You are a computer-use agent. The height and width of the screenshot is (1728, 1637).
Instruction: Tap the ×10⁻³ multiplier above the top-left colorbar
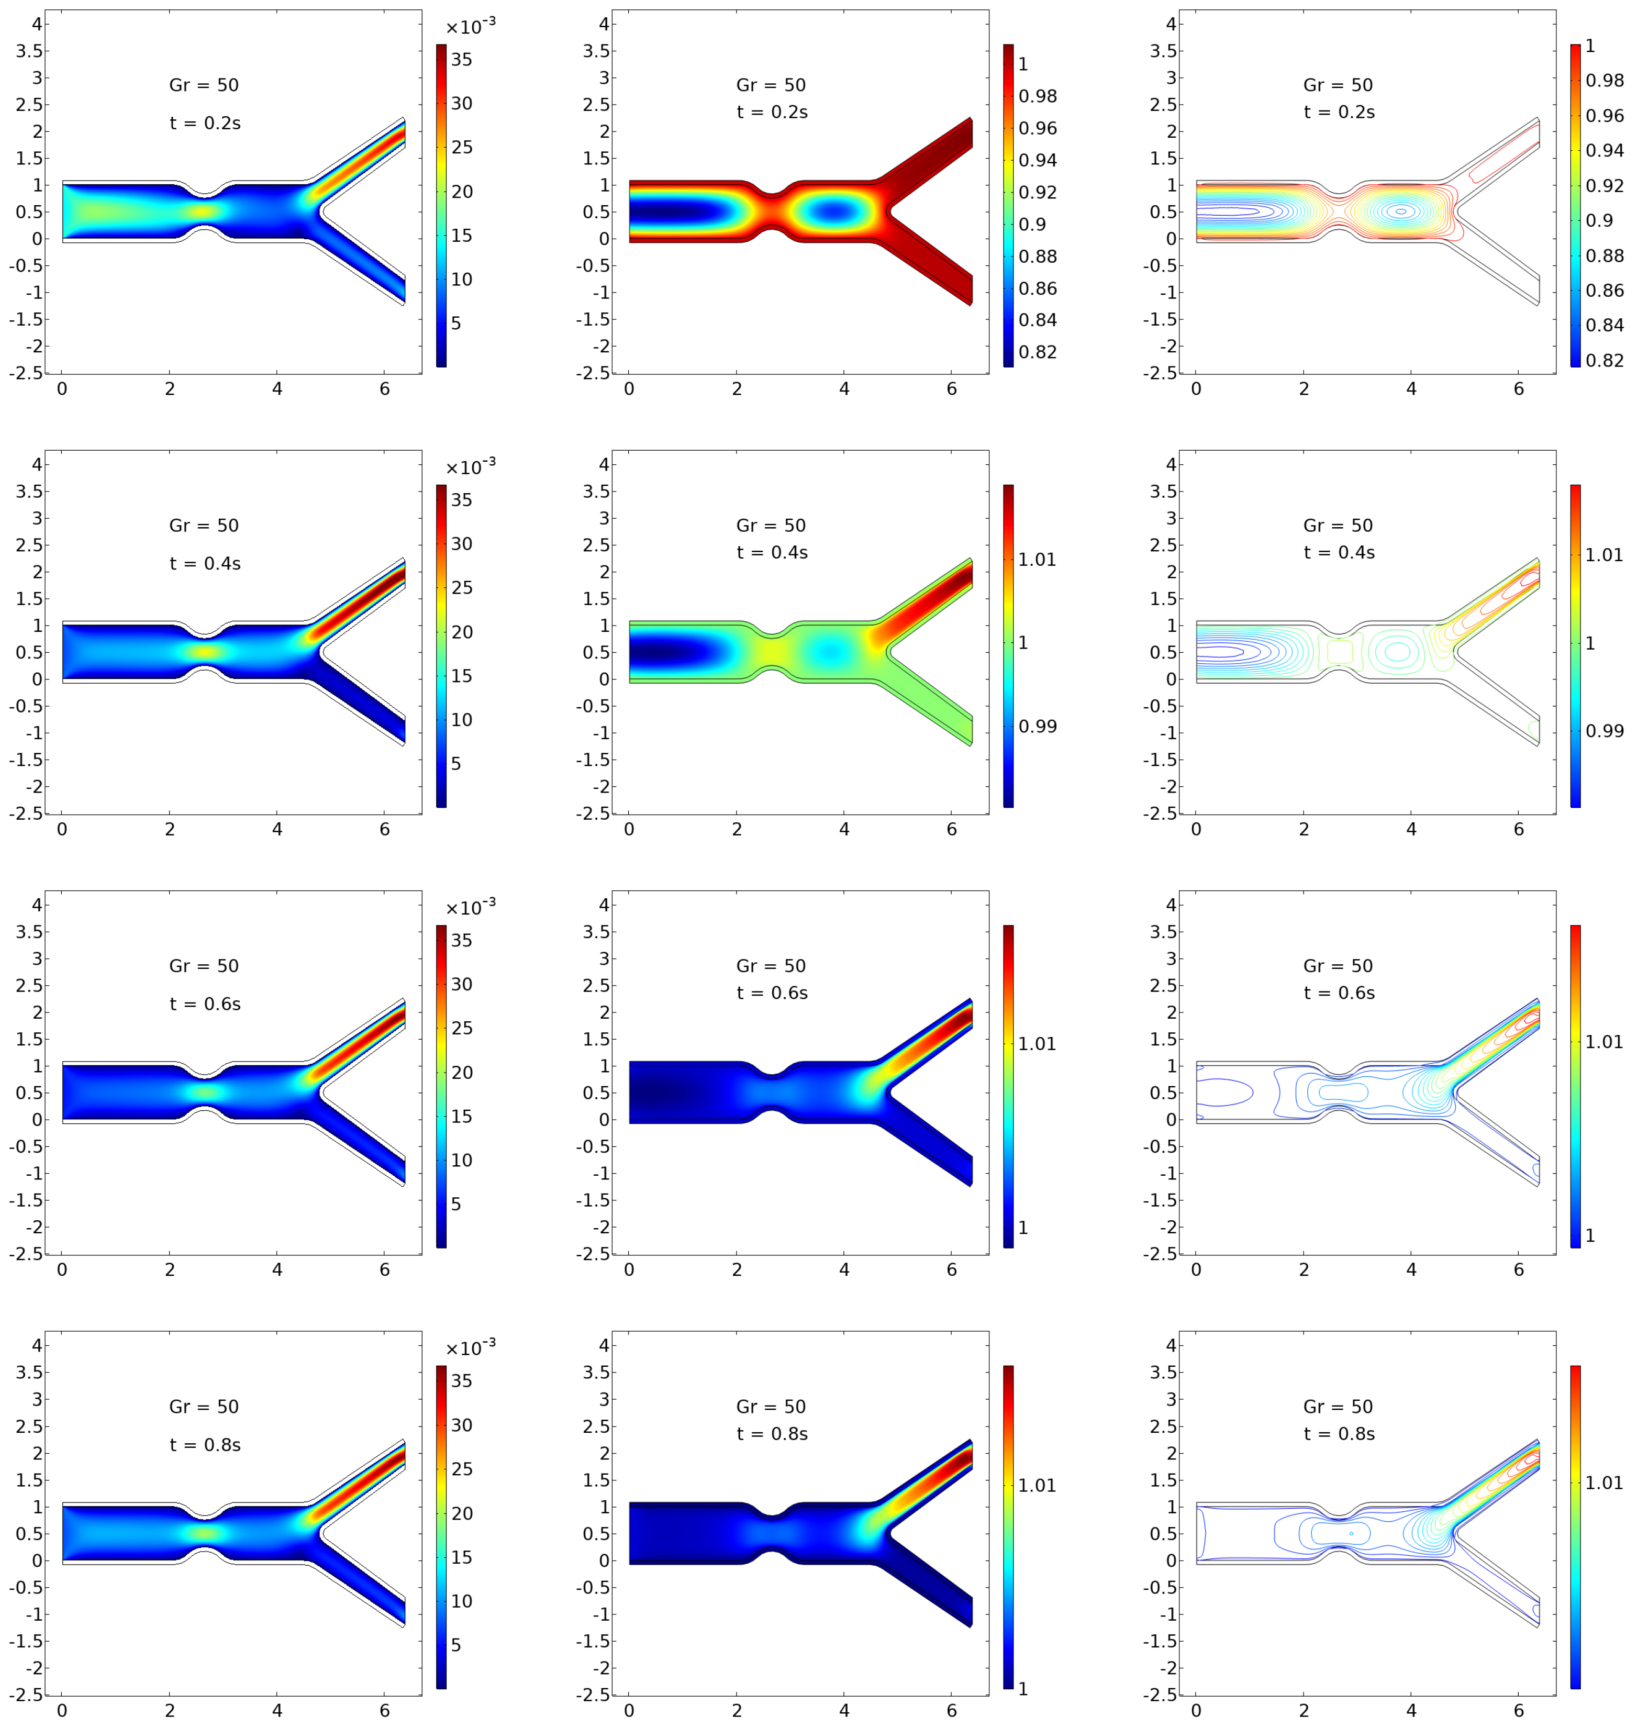pyautogui.click(x=470, y=27)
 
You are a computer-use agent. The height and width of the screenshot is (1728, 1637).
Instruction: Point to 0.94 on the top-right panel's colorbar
pyautogui.click(x=1605, y=151)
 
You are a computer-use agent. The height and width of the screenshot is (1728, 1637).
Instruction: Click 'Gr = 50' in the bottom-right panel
pyautogui.click(x=1338, y=1407)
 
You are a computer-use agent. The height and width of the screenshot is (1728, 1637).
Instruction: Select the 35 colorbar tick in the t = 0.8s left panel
pyautogui.click(x=462, y=1380)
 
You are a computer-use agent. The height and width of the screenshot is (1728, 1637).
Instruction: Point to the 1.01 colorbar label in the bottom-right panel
pyautogui.click(x=1604, y=1483)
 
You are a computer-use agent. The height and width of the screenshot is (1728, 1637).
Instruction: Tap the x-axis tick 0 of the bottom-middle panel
pyautogui.click(x=629, y=1711)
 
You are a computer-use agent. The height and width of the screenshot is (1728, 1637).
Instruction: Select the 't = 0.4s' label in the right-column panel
pyautogui.click(x=1340, y=552)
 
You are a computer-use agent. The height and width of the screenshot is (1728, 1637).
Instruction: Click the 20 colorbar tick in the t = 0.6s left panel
pyautogui.click(x=462, y=1073)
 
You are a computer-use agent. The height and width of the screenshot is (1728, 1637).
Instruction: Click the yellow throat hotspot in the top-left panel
pyautogui.click(x=203, y=210)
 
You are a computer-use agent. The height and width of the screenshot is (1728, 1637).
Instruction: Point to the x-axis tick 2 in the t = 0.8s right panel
pyautogui.click(x=1304, y=1711)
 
